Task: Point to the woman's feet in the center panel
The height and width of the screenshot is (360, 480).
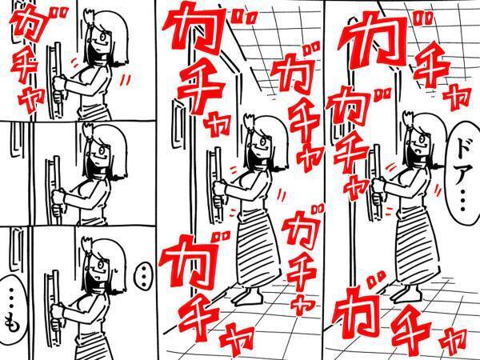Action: pyautogui.click(x=249, y=297)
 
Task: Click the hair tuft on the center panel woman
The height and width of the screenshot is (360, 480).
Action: pyautogui.click(x=249, y=122)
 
